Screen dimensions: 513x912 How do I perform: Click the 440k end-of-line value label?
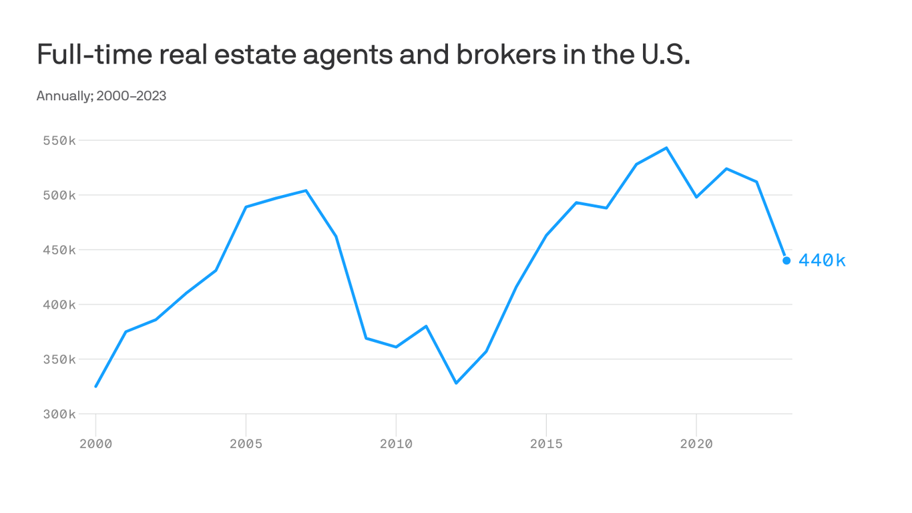[822, 261]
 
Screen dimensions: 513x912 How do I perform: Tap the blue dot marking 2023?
[786, 261]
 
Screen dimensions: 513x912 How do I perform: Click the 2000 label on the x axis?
[95, 444]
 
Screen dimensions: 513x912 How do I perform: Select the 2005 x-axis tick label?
[246, 444]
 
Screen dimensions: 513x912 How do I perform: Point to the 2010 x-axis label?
[396, 444]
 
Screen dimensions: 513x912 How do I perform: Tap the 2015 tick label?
[546, 444]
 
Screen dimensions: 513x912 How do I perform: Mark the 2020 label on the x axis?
[696, 444]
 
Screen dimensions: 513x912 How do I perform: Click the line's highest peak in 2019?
[666, 148]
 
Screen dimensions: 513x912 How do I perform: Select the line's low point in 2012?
[456, 383]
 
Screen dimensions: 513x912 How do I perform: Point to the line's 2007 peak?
[306, 191]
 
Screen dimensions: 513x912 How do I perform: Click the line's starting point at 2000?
[95, 386]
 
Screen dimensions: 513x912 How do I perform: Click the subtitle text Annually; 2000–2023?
[101, 96]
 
